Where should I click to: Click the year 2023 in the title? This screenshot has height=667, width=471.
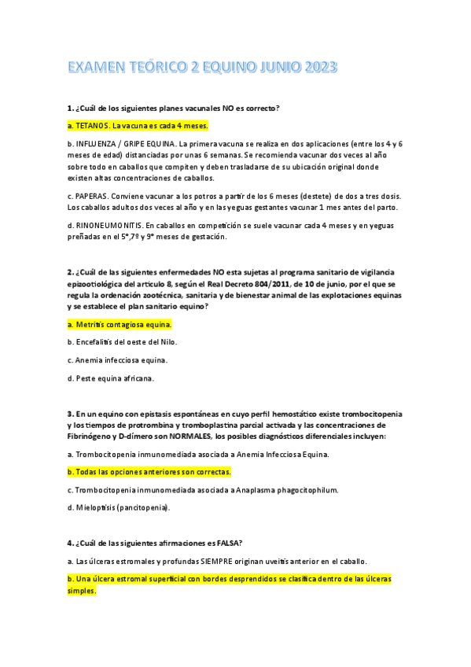click(317, 68)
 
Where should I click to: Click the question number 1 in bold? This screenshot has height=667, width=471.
click(70, 107)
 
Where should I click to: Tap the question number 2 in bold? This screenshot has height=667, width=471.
click(70, 272)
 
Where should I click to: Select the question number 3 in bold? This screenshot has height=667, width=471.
click(70, 413)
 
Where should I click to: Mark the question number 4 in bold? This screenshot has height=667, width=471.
click(70, 543)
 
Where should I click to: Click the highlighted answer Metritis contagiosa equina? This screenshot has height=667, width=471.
click(120, 323)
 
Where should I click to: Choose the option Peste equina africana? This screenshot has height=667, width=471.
click(110, 378)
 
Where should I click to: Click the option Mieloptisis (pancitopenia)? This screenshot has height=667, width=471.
click(118, 507)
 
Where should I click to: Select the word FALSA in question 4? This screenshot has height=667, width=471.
click(227, 543)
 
